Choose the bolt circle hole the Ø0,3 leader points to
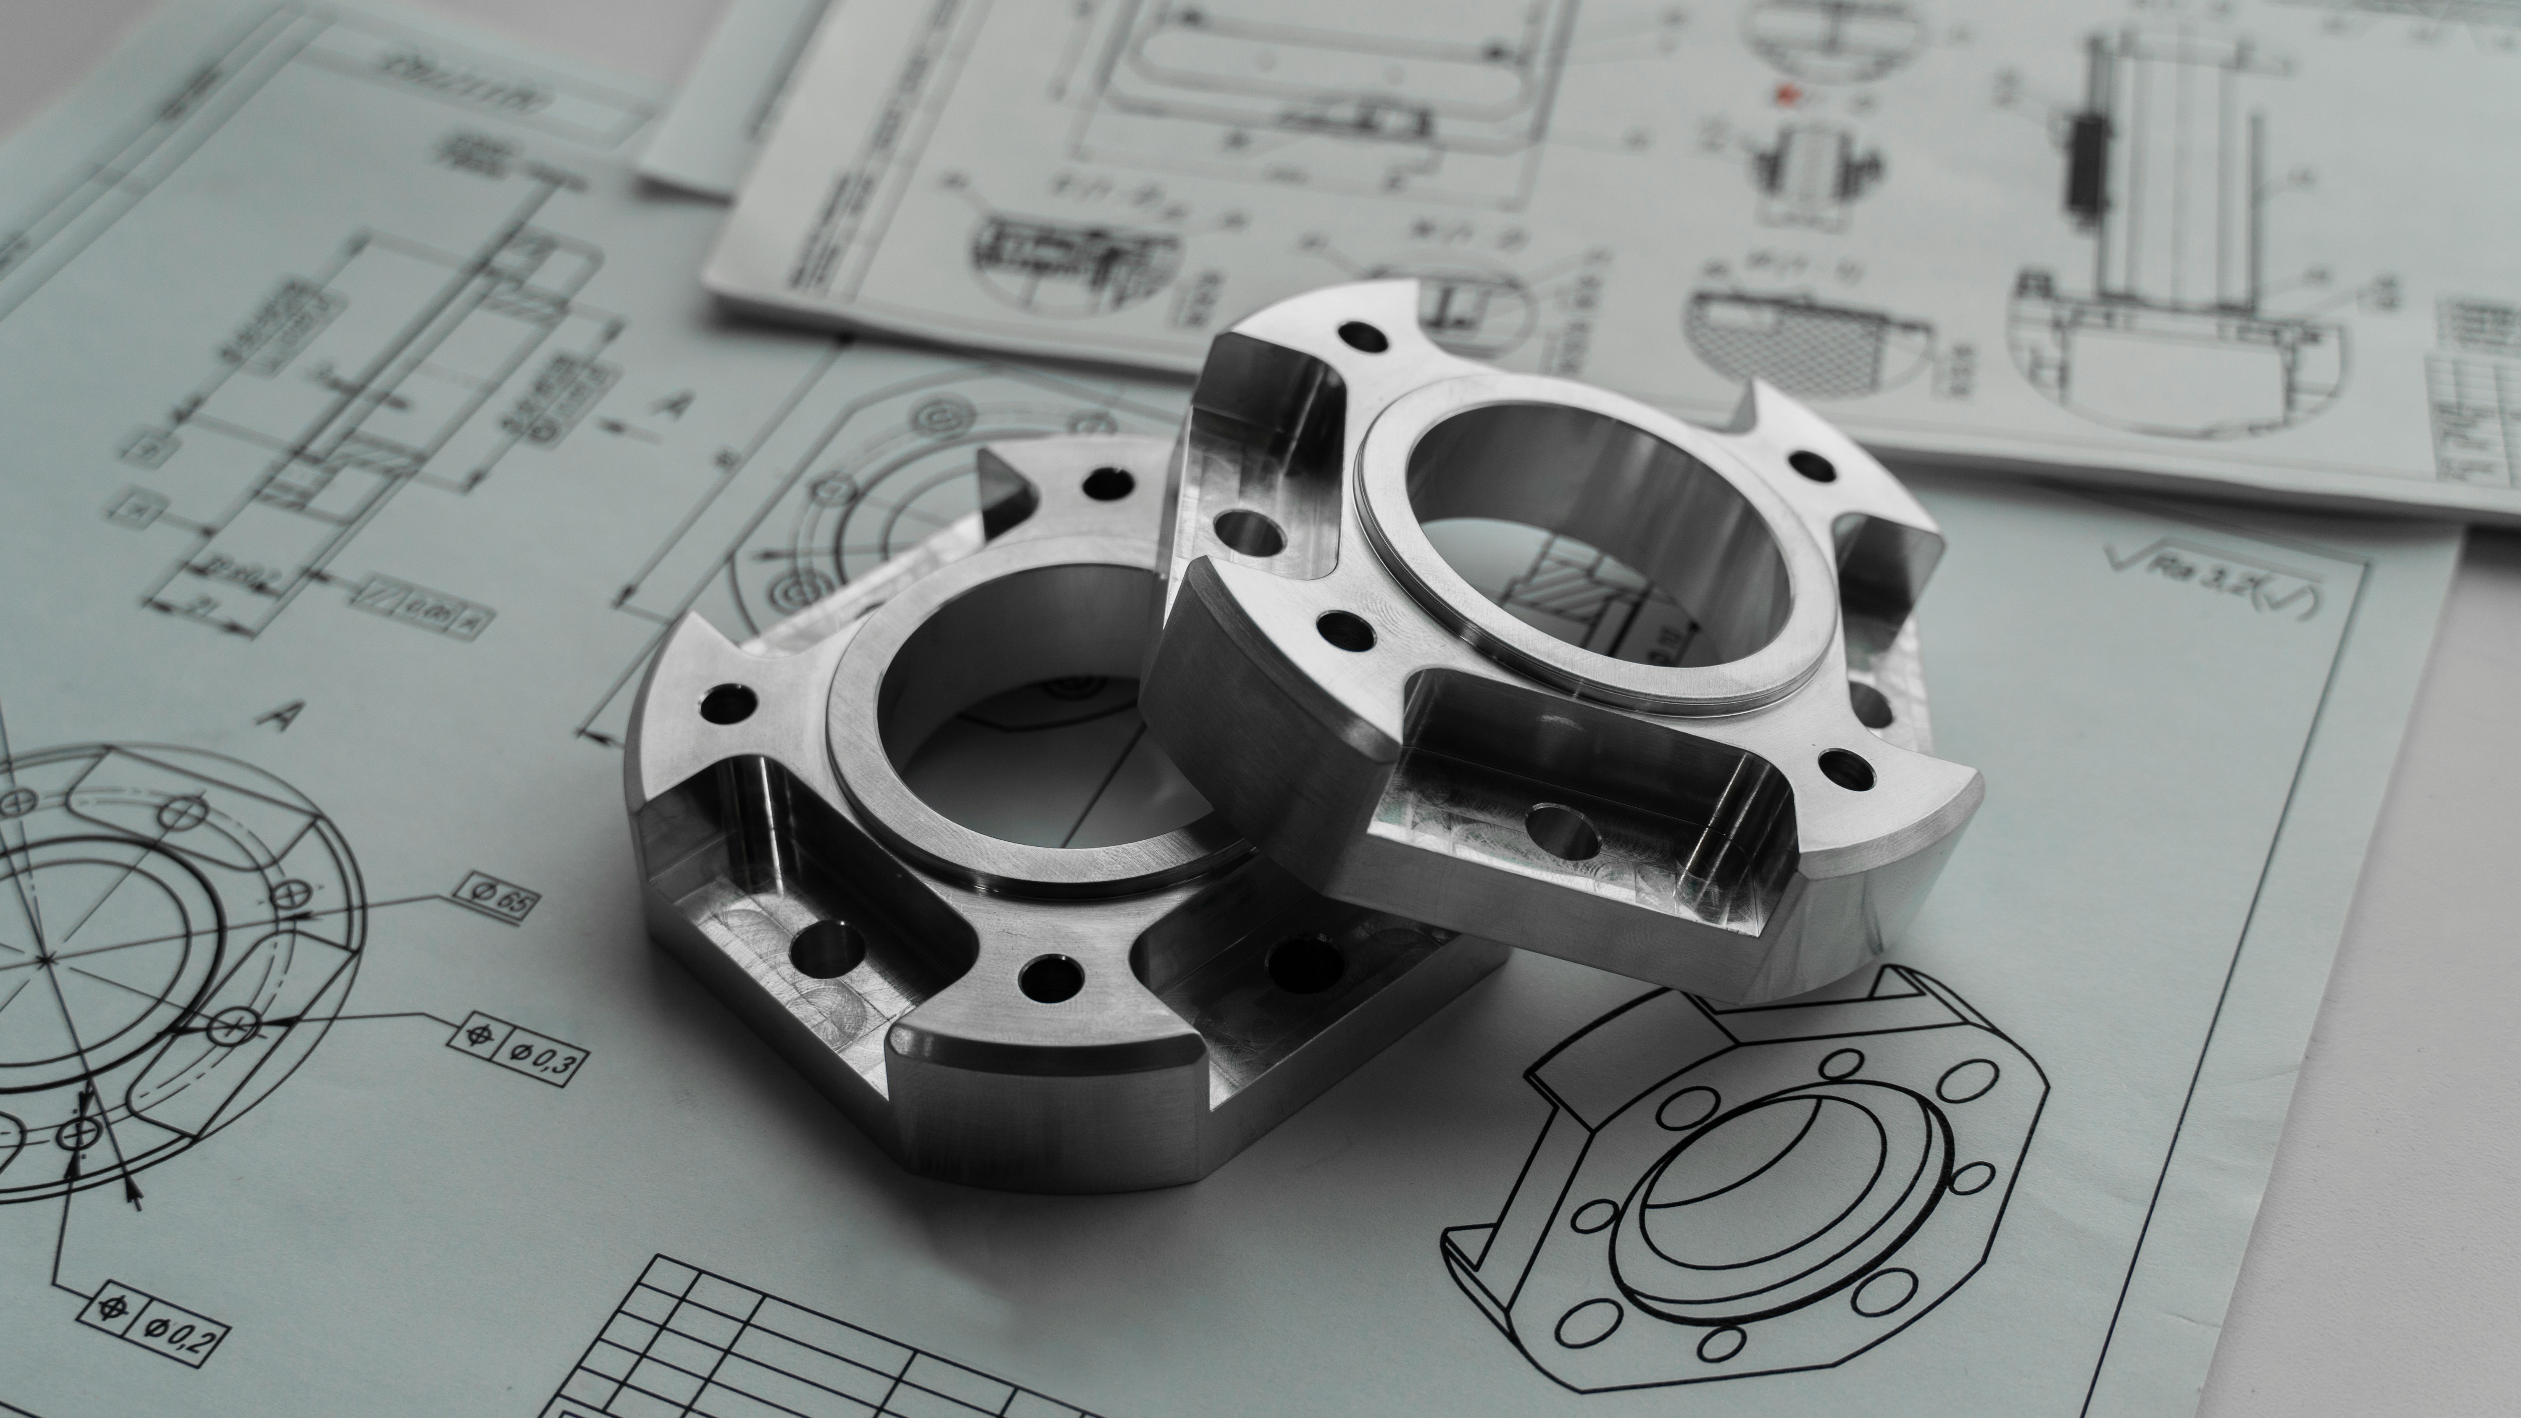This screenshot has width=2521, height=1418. pyautogui.click(x=231, y=1024)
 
